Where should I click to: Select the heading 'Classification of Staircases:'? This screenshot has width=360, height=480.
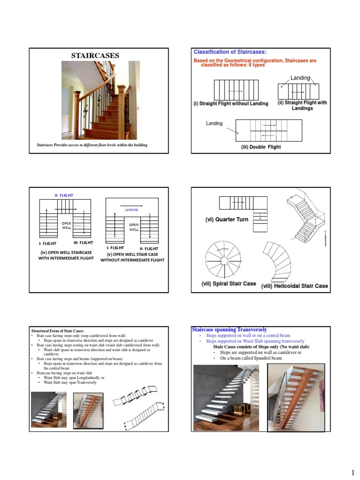230,52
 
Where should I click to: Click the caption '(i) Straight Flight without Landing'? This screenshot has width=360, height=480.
230,104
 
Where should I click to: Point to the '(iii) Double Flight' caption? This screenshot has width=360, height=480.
261,147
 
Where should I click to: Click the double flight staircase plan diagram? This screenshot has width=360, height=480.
269,130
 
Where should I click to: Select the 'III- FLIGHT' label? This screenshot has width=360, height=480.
83,243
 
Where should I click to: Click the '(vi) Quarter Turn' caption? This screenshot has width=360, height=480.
226,219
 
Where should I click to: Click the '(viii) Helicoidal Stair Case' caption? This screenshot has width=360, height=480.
294,286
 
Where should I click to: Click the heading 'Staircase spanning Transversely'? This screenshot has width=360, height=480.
229,330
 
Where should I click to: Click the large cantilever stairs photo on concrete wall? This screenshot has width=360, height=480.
228,397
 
